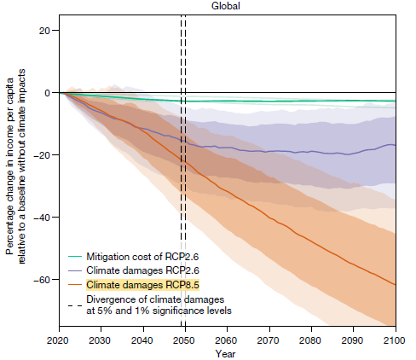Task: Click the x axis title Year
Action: click(x=226, y=351)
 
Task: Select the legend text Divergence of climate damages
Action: click(x=157, y=299)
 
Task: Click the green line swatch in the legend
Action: click(x=75, y=256)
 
